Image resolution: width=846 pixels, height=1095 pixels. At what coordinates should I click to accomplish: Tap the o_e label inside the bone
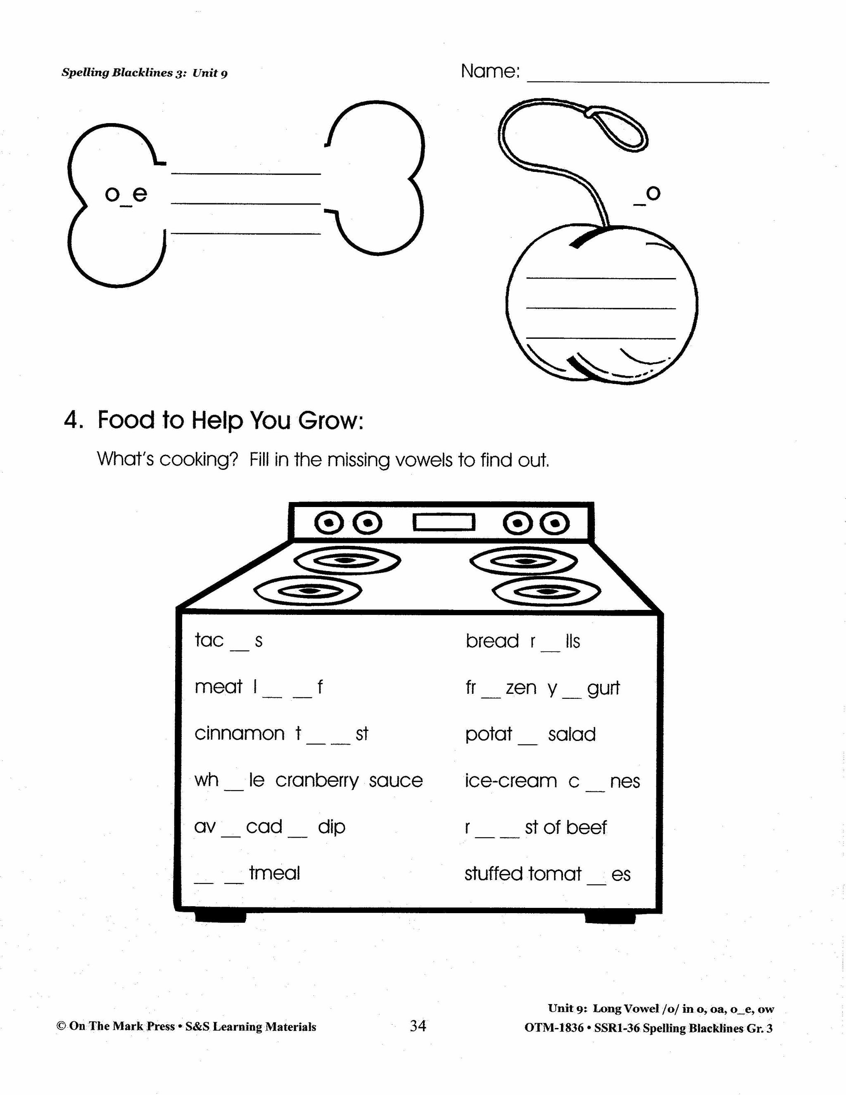coord(126,195)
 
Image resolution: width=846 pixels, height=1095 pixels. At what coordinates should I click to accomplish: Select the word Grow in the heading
coord(330,420)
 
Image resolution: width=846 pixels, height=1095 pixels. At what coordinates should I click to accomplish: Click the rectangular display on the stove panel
coord(444,522)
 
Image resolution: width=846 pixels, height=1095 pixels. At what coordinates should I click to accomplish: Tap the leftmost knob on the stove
coord(329,524)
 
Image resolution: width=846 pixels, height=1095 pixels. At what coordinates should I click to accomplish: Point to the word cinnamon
coord(239,734)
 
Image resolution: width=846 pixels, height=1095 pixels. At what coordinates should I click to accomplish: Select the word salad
coord(571,735)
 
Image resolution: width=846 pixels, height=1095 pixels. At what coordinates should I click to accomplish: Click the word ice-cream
coord(510,781)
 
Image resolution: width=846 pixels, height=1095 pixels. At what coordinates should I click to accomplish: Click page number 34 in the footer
coord(418,1026)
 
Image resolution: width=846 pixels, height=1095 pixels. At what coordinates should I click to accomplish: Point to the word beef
coord(587,827)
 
